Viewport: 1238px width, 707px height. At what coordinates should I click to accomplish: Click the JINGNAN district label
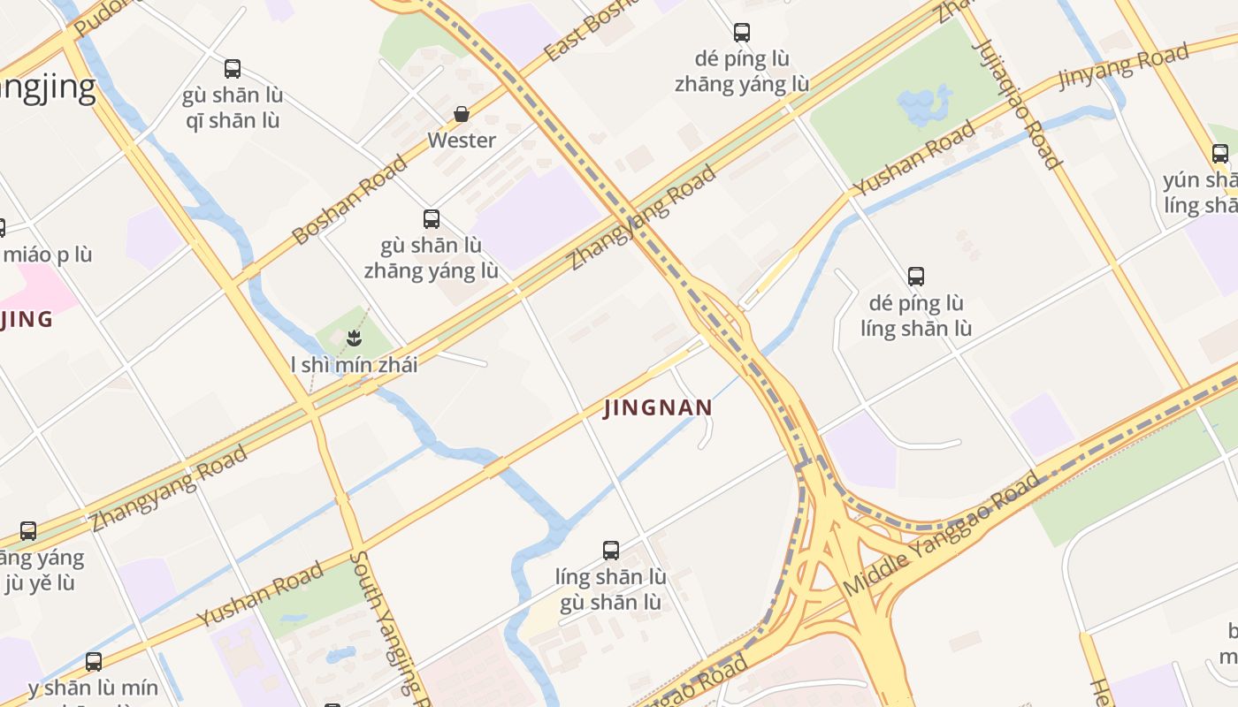pos(658,407)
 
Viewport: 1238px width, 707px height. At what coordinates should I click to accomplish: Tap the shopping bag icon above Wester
pos(462,114)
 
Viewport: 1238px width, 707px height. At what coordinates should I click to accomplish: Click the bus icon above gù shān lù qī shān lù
pos(233,68)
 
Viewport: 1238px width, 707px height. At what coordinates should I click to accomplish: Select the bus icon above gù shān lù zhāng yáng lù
pos(432,218)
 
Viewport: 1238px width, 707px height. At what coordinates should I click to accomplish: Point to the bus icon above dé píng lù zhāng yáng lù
pos(742,33)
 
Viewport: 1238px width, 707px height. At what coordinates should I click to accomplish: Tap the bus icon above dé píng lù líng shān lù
pos(916,276)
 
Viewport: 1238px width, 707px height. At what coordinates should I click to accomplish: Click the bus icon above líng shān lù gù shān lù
pos(611,550)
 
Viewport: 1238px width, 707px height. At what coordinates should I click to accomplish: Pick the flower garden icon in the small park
pos(354,337)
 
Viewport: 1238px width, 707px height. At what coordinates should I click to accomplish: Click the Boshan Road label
pos(349,200)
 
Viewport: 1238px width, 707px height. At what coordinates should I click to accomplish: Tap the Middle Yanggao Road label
pos(942,534)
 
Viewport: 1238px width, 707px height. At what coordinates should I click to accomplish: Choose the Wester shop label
pos(462,141)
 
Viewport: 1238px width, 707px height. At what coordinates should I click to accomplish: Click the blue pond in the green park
pos(924,103)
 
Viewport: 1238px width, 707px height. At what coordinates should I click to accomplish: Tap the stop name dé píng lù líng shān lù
pos(916,315)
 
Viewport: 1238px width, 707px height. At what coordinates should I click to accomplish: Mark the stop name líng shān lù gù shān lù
pos(611,589)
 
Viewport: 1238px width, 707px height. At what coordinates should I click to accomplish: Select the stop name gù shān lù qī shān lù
pos(233,108)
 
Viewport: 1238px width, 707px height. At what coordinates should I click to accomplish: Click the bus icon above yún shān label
pos(1220,153)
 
